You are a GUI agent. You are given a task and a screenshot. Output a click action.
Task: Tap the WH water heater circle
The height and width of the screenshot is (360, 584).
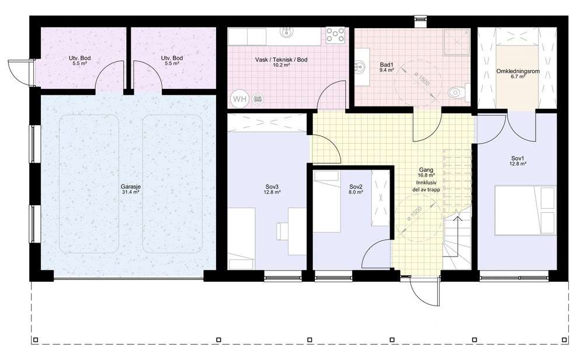(x=240, y=99)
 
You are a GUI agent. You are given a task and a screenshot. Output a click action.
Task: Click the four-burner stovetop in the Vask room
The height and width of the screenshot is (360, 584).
(x=336, y=36)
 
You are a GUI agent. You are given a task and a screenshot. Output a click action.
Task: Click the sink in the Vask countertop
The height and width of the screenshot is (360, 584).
(x=286, y=32)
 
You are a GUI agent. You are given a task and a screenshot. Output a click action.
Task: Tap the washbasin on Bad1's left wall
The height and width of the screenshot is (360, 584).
(x=360, y=67)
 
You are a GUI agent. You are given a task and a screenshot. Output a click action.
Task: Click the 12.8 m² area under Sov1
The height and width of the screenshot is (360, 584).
(x=517, y=164)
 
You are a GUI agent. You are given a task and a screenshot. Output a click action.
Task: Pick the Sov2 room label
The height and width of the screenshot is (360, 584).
(x=356, y=186)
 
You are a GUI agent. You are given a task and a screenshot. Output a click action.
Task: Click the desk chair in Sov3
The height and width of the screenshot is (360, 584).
(x=282, y=231)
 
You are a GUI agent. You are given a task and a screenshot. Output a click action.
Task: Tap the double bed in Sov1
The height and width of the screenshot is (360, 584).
(x=525, y=210)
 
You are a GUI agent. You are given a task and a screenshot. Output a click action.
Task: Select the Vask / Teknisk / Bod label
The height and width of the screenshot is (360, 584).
(x=281, y=60)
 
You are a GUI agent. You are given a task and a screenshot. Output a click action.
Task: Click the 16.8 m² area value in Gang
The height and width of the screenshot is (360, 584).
(x=426, y=175)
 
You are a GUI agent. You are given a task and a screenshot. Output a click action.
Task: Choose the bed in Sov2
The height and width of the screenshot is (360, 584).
(x=327, y=202)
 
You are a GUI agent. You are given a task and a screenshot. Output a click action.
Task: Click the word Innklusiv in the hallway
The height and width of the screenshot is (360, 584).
(x=426, y=182)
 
